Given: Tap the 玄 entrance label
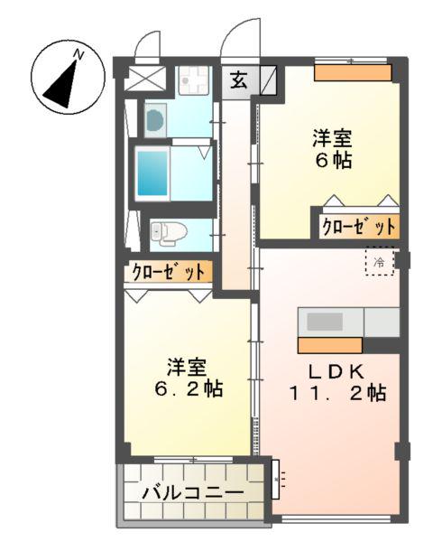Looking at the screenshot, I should click(x=237, y=79).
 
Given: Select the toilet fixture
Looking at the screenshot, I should click(x=167, y=233).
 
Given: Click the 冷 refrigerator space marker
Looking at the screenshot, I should click(x=379, y=261).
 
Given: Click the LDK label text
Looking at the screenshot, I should click(x=337, y=370).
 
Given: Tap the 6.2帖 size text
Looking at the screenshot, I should click(x=187, y=390).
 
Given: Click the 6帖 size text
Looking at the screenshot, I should click(x=333, y=162).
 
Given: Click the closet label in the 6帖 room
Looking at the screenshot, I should click(x=358, y=226).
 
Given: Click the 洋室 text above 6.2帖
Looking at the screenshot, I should click(x=187, y=369).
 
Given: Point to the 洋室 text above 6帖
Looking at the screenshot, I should click(x=333, y=139).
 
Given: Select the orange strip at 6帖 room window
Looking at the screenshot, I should click(x=353, y=72).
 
